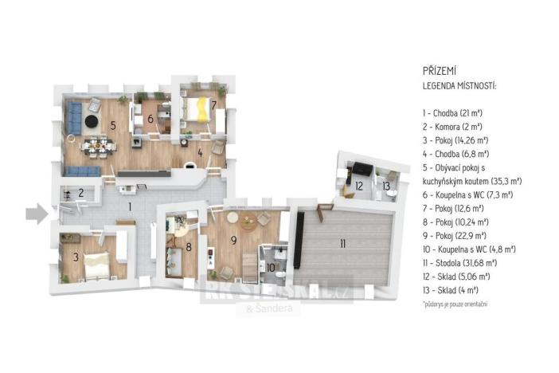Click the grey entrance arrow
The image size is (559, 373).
[x=36, y=213]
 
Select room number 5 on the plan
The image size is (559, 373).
[x=114, y=125]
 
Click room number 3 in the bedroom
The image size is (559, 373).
[x=76, y=257]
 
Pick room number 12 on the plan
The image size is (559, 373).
[x=359, y=186]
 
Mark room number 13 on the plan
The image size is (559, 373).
[x=386, y=186]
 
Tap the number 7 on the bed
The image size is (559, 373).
[x=213, y=104]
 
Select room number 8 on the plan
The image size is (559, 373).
[x=189, y=247]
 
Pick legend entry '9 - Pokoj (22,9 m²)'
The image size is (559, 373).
[x=455, y=234]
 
